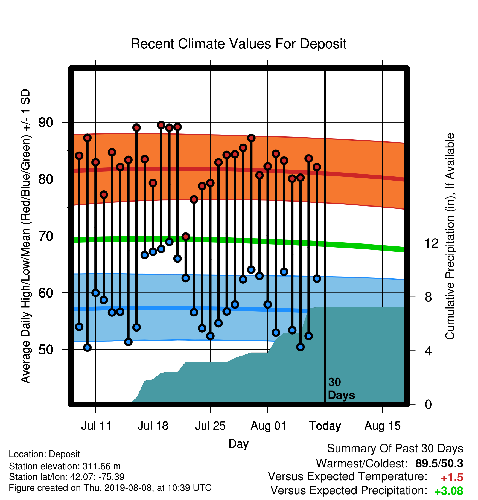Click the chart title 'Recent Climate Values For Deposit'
coord(238,44)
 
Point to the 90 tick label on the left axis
coord(46,123)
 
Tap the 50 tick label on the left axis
coord(46,350)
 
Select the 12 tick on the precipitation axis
coord(431,243)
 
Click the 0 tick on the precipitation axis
coord(428,404)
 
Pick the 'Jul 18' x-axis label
coord(153,426)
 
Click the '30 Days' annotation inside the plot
coord(341,389)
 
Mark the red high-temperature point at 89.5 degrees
coord(161,125)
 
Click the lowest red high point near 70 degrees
coord(186,236)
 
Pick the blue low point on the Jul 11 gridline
coord(95,293)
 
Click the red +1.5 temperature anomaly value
coord(452,478)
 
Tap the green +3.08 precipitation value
coord(449,491)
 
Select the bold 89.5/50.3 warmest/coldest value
coord(439,463)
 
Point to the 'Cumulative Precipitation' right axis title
coord(450,236)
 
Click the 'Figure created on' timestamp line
coord(110,488)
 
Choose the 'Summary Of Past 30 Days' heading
coord(395,449)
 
